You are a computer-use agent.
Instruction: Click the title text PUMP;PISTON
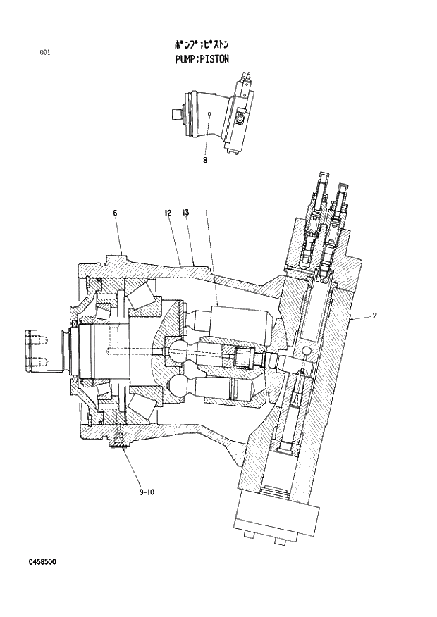coord(202,60)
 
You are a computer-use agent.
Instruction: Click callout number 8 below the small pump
coord(205,161)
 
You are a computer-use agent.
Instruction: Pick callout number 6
coord(115,212)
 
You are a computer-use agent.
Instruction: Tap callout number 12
coord(168,212)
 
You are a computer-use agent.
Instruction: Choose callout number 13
coord(185,212)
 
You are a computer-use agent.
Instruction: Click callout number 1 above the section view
coord(206,212)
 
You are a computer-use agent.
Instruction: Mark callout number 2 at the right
coord(375,316)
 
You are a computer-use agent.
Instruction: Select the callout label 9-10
coord(147,492)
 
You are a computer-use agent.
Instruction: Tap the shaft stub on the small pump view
coord(176,113)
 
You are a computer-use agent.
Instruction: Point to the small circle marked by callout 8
coord(211,113)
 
